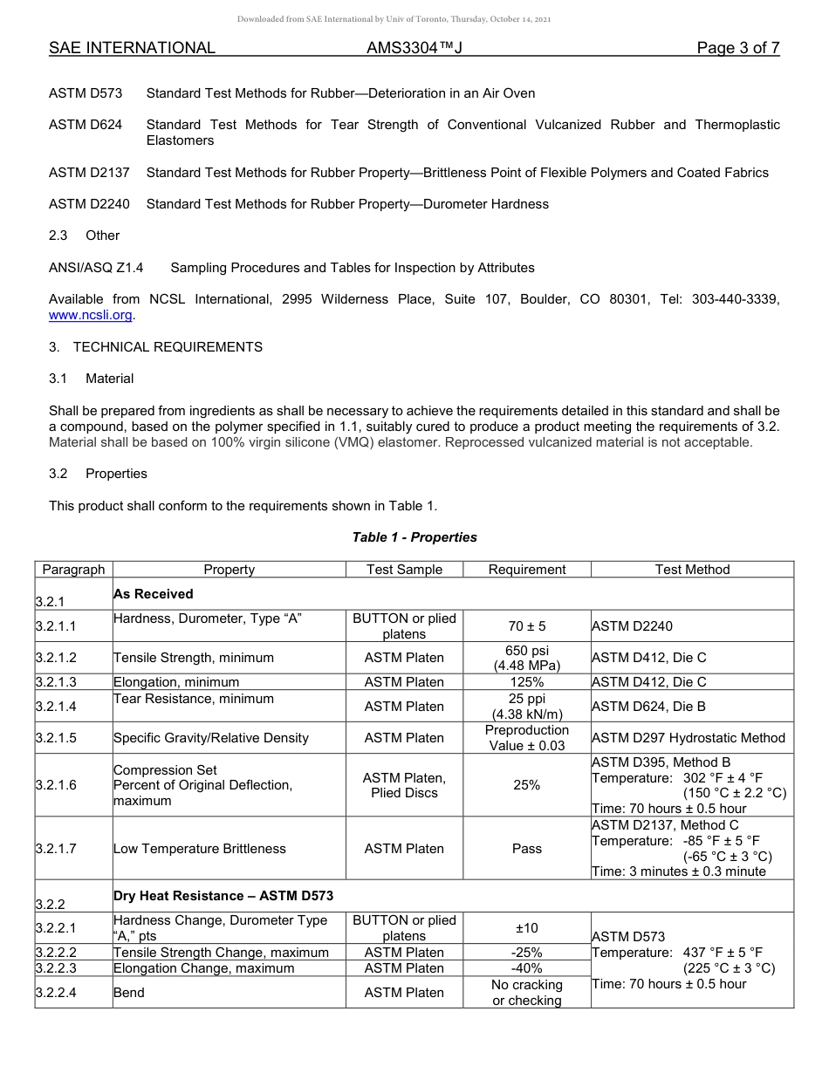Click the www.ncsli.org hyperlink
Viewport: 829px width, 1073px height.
tap(91, 315)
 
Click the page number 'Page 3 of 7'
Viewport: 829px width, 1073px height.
tap(737, 48)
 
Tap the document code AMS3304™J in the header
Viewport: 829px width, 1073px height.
tap(414, 48)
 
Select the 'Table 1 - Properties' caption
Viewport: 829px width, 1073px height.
tap(414, 537)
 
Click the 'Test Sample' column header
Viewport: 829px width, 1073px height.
tap(404, 570)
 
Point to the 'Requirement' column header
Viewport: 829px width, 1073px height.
tap(527, 570)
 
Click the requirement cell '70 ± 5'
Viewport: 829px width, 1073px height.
tap(527, 626)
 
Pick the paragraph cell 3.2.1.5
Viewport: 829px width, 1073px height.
tap(56, 738)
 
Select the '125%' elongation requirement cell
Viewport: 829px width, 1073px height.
tap(527, 682)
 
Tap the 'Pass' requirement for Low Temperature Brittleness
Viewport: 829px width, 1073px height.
tap(527, 849)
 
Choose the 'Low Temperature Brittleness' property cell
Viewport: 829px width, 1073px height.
tap(200, 849)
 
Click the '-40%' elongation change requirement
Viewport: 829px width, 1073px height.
tap(527, 968)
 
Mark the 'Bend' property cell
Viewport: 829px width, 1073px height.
tap(129, 993)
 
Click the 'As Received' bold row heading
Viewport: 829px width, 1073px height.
tap(154, 594)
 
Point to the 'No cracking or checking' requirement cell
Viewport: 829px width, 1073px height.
tap(527, 993)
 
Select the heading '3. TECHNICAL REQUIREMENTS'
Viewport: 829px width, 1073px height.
tap(155, 347)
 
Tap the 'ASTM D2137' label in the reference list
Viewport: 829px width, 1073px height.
tap(89, 173)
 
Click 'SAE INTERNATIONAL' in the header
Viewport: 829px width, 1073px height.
tap(132, 48)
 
